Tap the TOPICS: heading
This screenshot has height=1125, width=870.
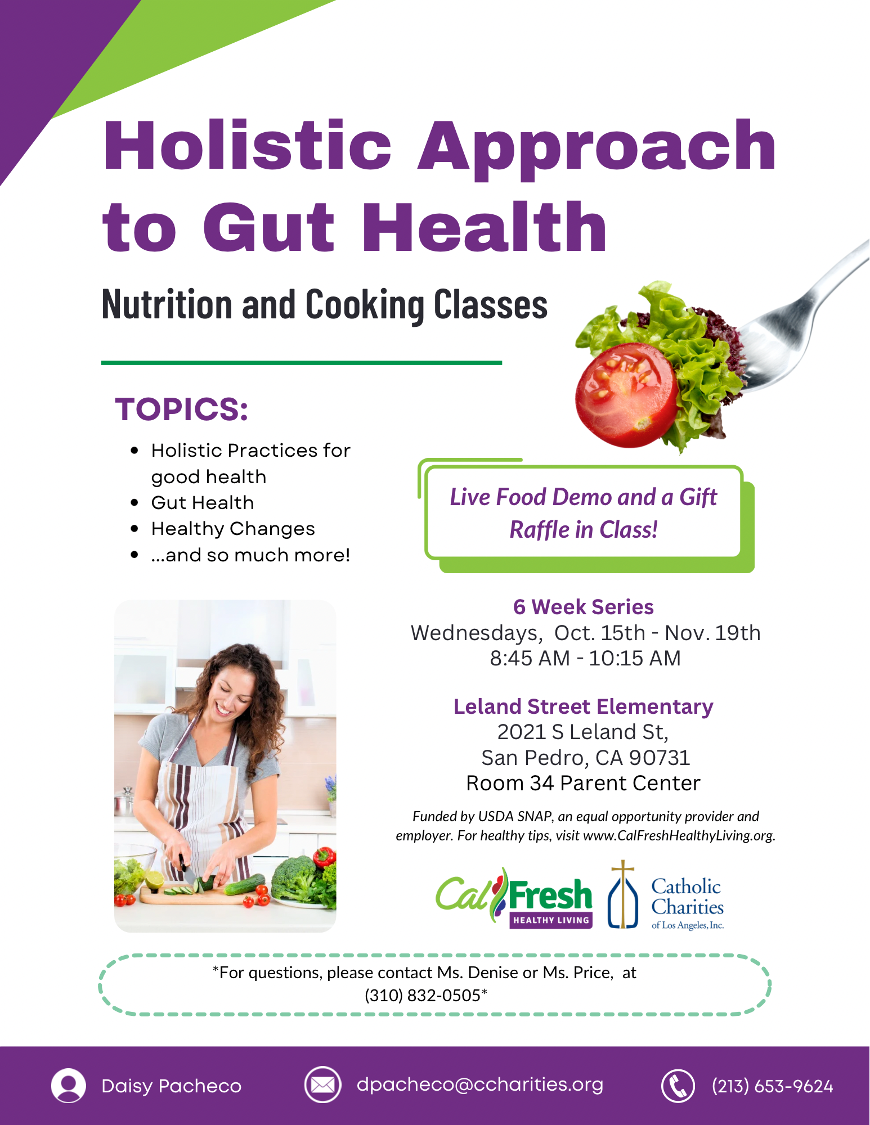tap(181, 409)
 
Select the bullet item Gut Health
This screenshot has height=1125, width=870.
tap(203, 502)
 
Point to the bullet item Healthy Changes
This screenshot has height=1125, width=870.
tap(233, 529)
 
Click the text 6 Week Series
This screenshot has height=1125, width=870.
tap(583, 607)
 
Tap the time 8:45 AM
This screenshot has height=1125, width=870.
tap(530, 658)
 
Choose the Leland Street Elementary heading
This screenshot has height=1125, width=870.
tap(583, 706)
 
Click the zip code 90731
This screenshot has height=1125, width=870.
tap(659, 758)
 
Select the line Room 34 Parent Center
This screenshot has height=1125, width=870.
tap(583, 783)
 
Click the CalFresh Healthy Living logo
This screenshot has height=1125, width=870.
tap(514, 898)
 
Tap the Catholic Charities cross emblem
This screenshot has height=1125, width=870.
tap(623, 894)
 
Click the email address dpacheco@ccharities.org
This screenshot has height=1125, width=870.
tap(479, 1084)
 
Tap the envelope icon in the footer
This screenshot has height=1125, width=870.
tap(322, 1084)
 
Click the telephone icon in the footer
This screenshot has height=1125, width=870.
tap(678, 1086)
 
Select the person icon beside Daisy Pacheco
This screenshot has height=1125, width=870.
tap(69, 1086)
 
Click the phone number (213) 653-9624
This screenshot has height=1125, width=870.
tap(772, 1086)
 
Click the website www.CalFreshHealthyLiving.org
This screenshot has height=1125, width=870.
tap(679, 835)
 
